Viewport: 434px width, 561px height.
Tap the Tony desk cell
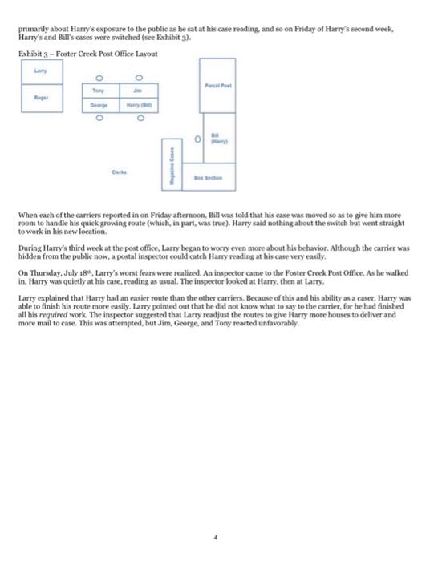[x=100, y=91]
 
